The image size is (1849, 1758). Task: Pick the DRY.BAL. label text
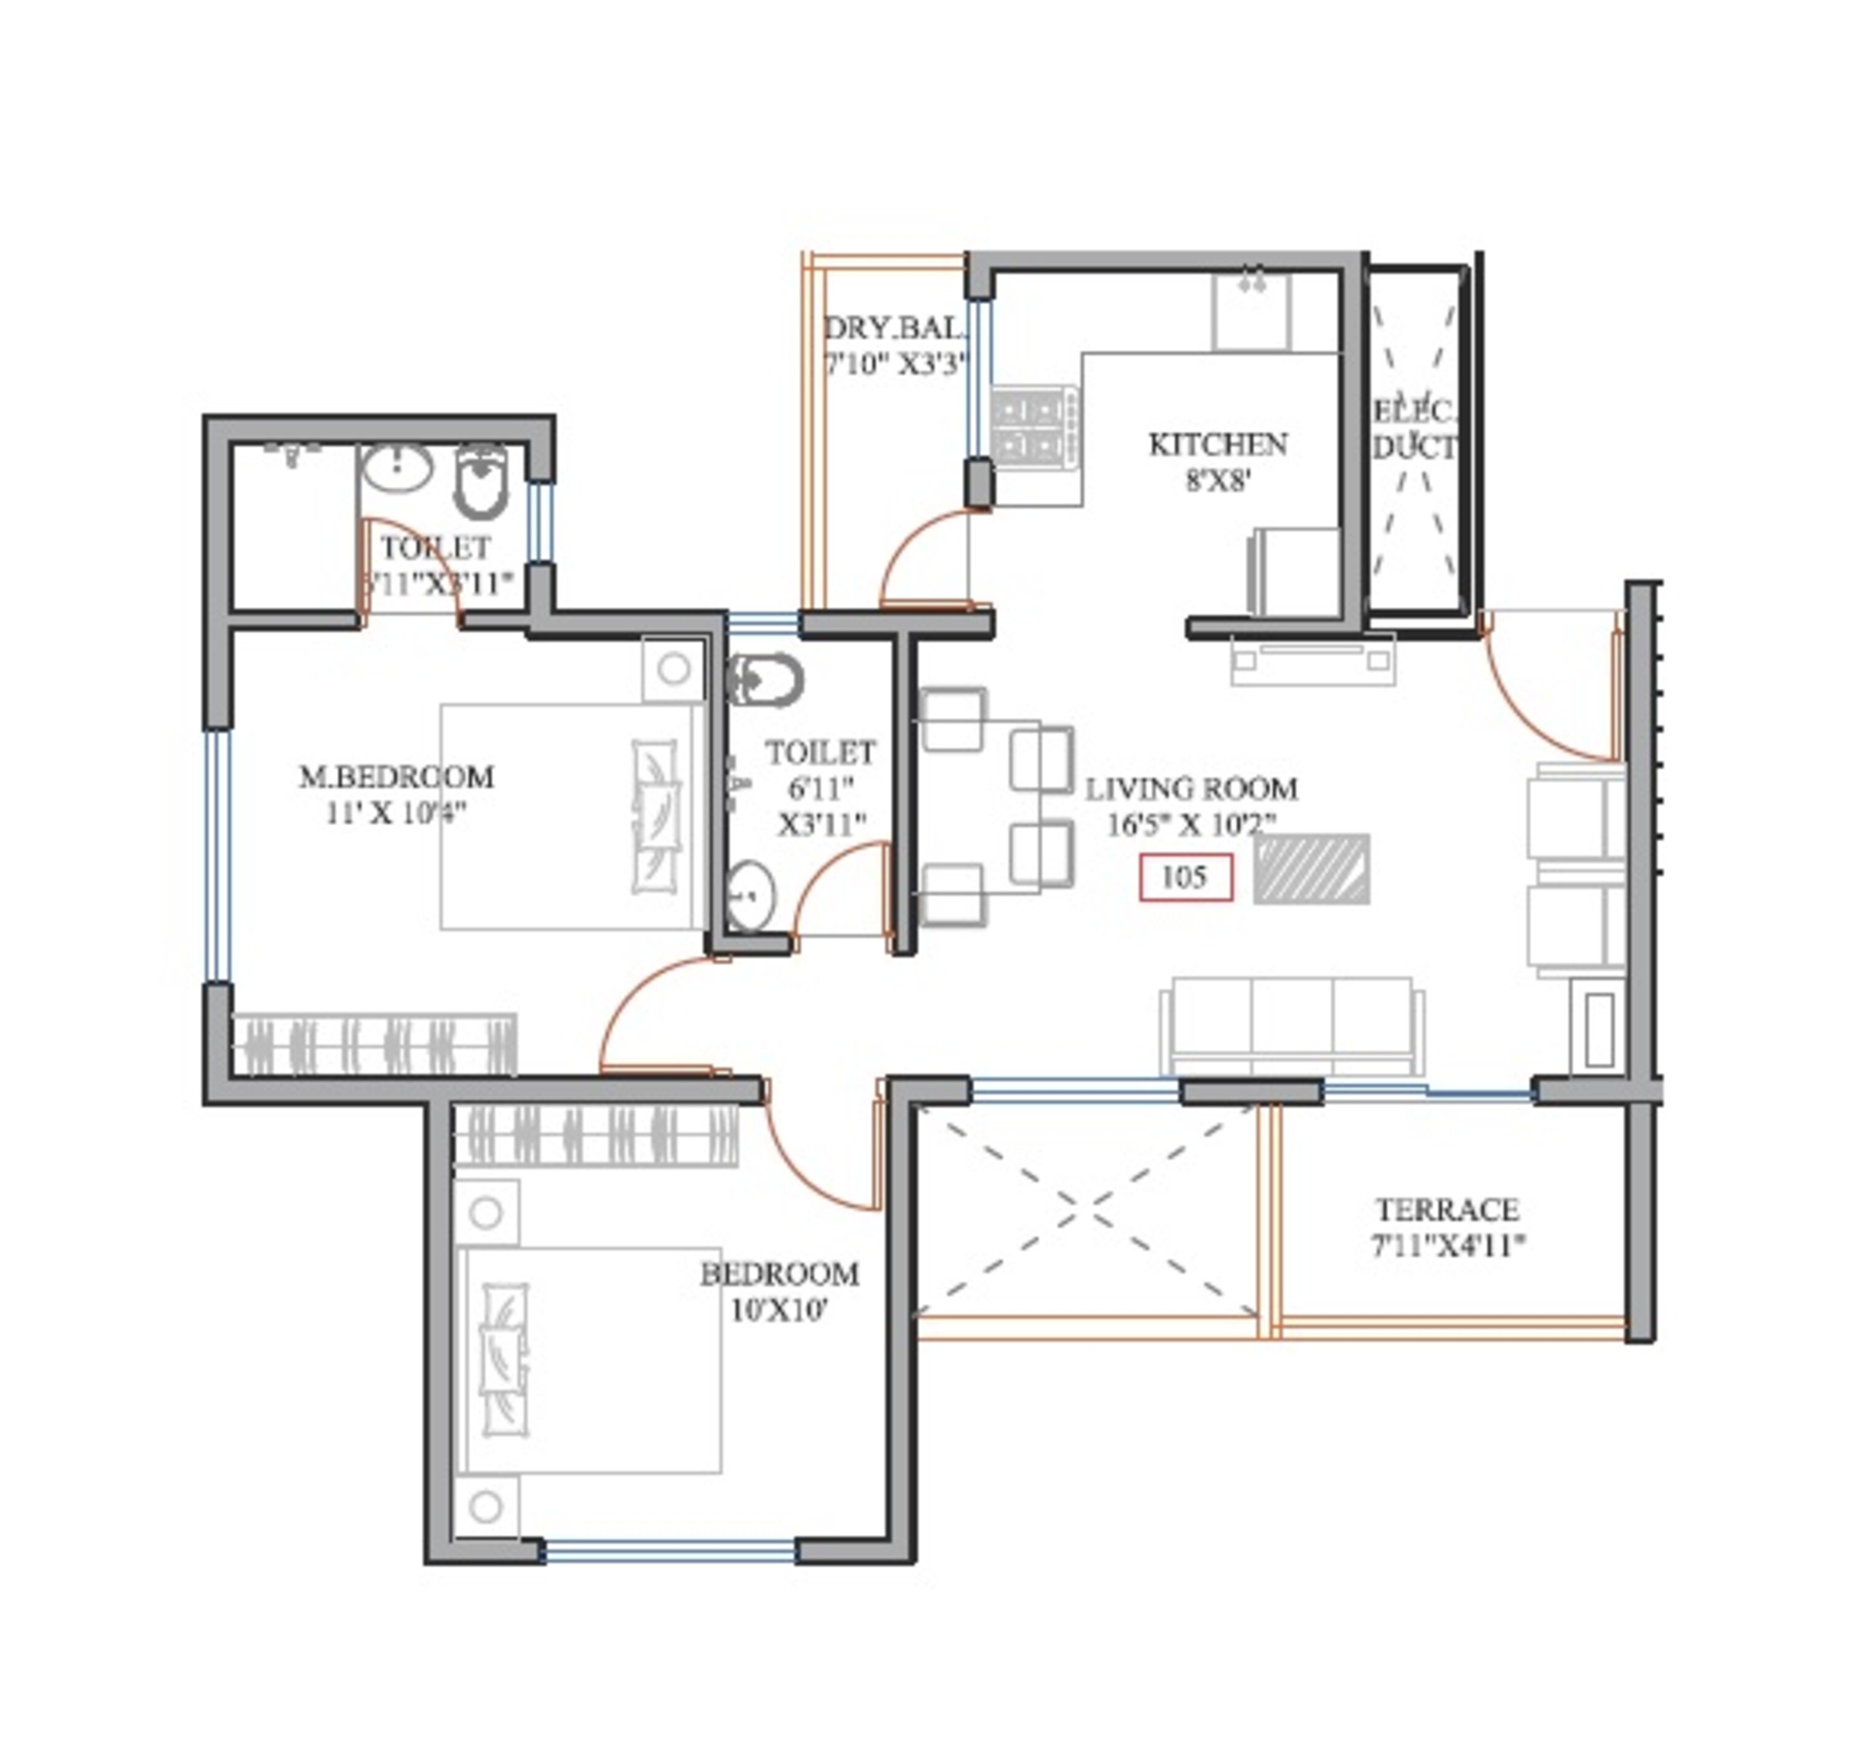pyautogui.click(x=894, y=328)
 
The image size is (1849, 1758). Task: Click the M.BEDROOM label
pyautogui.click(x=396, y=777)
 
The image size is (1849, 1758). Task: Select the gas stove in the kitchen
pyautogui.click(x=1035, y=427)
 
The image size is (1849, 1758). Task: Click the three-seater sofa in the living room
pyautogui.click(x=1291, y=1027)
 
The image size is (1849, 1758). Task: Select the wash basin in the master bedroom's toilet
pyautogui.click(x=396, y=466)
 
